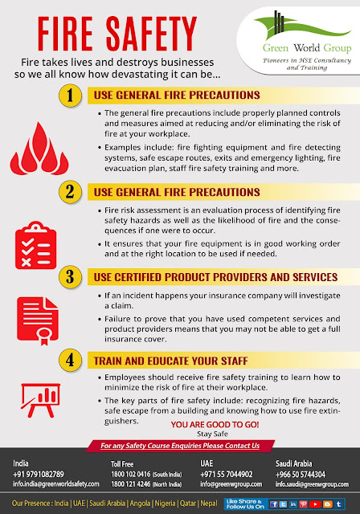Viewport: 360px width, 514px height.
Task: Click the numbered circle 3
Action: (72, 278)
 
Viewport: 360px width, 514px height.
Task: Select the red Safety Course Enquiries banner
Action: (180, 446)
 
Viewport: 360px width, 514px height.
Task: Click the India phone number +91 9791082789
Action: (38, 474)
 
